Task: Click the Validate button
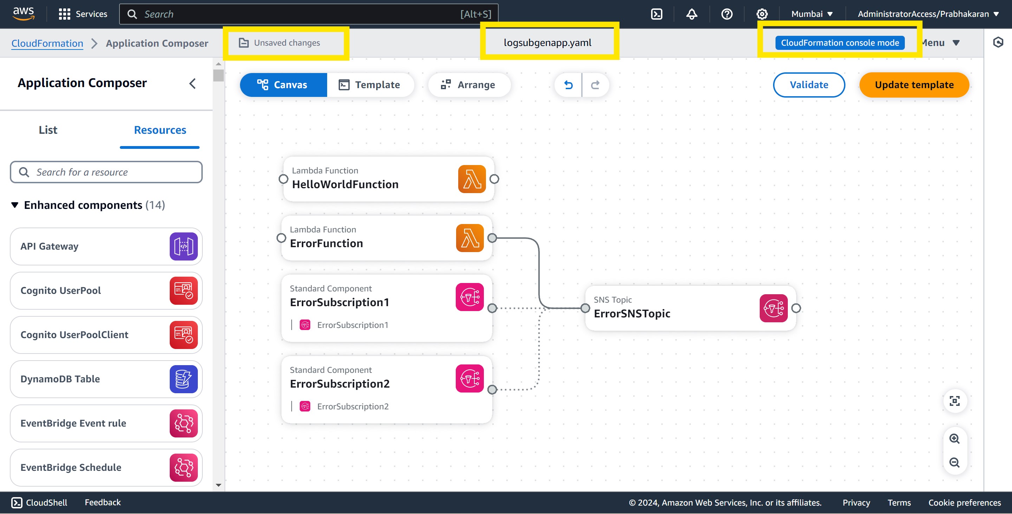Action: point(809,85)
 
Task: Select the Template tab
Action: point(370,85)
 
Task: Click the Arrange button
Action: point(469,85)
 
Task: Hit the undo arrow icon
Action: point(568,85)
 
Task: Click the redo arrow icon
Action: point(595,85)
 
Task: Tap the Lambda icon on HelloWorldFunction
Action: point(472,179)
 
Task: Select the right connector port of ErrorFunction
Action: point(492,238)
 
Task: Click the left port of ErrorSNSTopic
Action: point(585,308)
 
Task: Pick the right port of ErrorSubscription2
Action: point(492,389)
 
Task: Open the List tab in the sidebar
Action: point(48,130)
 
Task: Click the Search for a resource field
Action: point(106,172)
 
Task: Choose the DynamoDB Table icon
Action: point(183,379)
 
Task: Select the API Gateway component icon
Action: point(183,246)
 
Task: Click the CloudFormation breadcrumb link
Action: point(47,43)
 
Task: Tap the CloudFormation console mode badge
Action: point(839,43)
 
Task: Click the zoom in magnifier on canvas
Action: point(954,439)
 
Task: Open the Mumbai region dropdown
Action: point(812,14)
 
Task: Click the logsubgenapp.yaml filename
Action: point(547,43)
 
